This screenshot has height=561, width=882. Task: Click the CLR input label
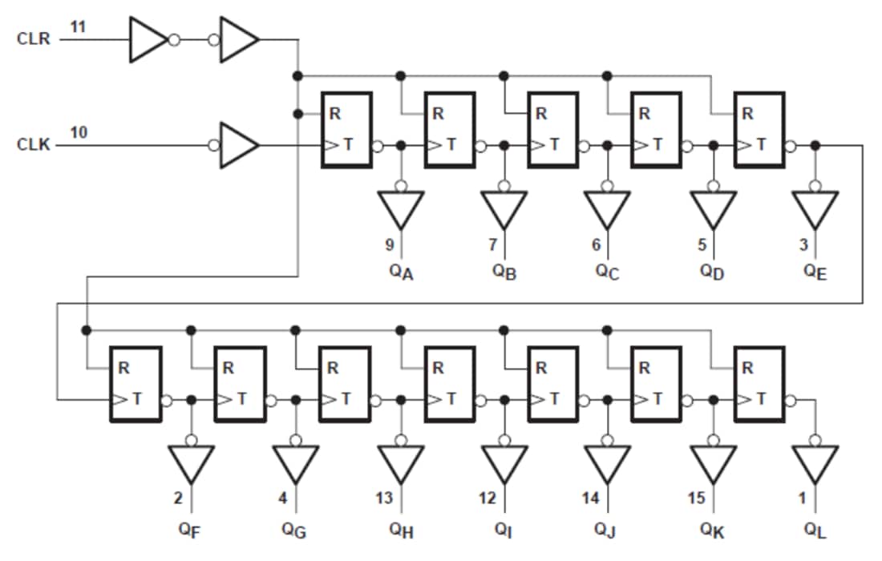point(33,38)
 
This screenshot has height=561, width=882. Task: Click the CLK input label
point(33,146)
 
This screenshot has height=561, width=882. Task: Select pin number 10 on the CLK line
point(78,132)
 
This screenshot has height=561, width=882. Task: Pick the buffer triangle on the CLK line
point(238,145)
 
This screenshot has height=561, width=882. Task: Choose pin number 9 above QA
point(389,244)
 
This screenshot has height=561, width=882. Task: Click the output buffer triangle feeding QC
point(607,210)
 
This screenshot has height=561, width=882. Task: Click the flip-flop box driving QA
point(346,130)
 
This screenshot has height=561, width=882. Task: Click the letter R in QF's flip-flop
point(124,369)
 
